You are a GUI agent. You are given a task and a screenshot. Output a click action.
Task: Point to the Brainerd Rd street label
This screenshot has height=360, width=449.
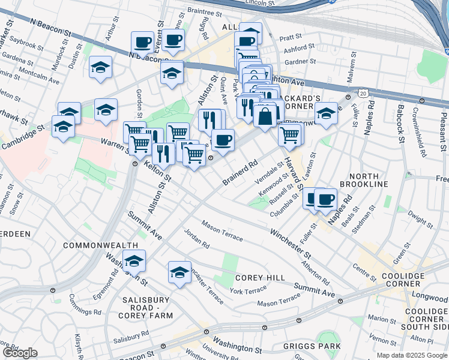coord(240,172)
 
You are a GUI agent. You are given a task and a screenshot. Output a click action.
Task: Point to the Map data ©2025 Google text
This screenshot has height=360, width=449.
coord(411,355)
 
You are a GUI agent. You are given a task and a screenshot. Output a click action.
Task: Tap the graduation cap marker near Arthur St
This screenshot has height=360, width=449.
coord(101,69)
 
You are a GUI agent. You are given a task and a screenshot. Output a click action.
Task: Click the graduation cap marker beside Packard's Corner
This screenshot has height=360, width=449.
coord(326,113)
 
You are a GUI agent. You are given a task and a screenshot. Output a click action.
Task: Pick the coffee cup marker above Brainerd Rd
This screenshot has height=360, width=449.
coord(223,141)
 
